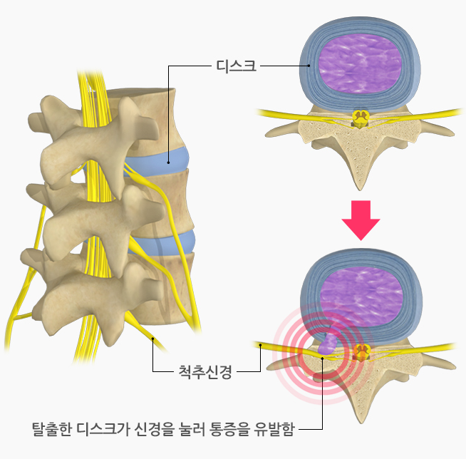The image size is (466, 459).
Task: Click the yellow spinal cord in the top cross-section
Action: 361,119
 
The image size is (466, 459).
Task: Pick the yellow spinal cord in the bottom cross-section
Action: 361,351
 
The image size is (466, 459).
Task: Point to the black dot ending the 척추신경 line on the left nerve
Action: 152,341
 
